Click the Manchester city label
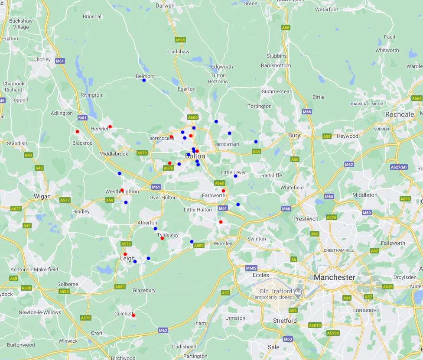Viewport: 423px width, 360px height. (x=334, y=277)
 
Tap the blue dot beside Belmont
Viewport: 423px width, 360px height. (x=144, y=80)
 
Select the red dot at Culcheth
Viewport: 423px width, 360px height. (x=133, y=315)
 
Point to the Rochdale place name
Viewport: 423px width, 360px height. (x=400, y=114)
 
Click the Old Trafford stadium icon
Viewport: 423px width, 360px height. (x=299, y=293)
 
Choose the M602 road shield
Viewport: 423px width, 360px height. (x=251, y=268)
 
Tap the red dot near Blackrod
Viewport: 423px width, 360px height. (x=78, y=132)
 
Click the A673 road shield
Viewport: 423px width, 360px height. (x=142, y=153)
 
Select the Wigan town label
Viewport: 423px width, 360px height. (x=42, y=196)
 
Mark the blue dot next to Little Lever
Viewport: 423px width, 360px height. (x=235, y=176)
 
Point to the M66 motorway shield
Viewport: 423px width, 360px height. (x=307, y=112)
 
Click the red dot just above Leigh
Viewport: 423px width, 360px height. (x=125, y=254)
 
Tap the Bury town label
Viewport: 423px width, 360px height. (x=294, y=136)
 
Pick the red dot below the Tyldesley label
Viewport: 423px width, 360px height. (x=162, y=238)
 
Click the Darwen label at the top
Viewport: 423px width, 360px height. (x=165, y=6)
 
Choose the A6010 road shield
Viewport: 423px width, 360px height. (x=315, y=325)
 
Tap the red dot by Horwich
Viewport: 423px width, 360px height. (x=110, y=126)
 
